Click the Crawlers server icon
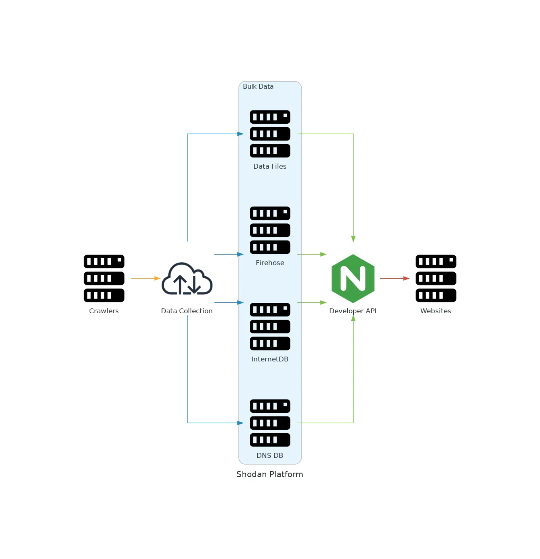(104, 278)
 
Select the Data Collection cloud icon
(187, 279)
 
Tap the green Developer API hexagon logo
(353, 278)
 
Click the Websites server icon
(436, 278)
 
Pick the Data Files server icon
(270, 134)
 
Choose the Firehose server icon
(270, 230)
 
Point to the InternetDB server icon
(270, 326)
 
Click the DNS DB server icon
(270, 423)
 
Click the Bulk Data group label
(258, 86)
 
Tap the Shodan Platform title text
(270, 474)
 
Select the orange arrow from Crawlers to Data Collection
(146, 278)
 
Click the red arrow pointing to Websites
(395, 278)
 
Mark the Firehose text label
(270, 263)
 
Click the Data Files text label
(270, 166)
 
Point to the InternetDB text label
(270, 359)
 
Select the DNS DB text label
(270, 455)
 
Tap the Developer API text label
(353, 311)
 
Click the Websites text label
(436, 311)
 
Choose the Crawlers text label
(104, 311)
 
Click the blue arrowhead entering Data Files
(240, 134)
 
